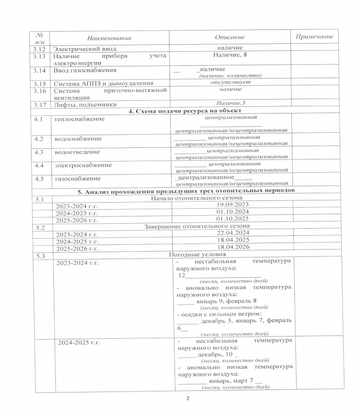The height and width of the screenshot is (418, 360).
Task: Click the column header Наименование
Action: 109,37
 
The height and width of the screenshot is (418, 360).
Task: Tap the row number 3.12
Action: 38,49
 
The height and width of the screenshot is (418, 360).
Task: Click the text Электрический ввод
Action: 80,49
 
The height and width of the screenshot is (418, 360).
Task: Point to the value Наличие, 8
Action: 230,55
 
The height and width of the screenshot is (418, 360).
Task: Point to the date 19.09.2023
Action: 230,205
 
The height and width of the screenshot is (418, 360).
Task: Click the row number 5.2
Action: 38,226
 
